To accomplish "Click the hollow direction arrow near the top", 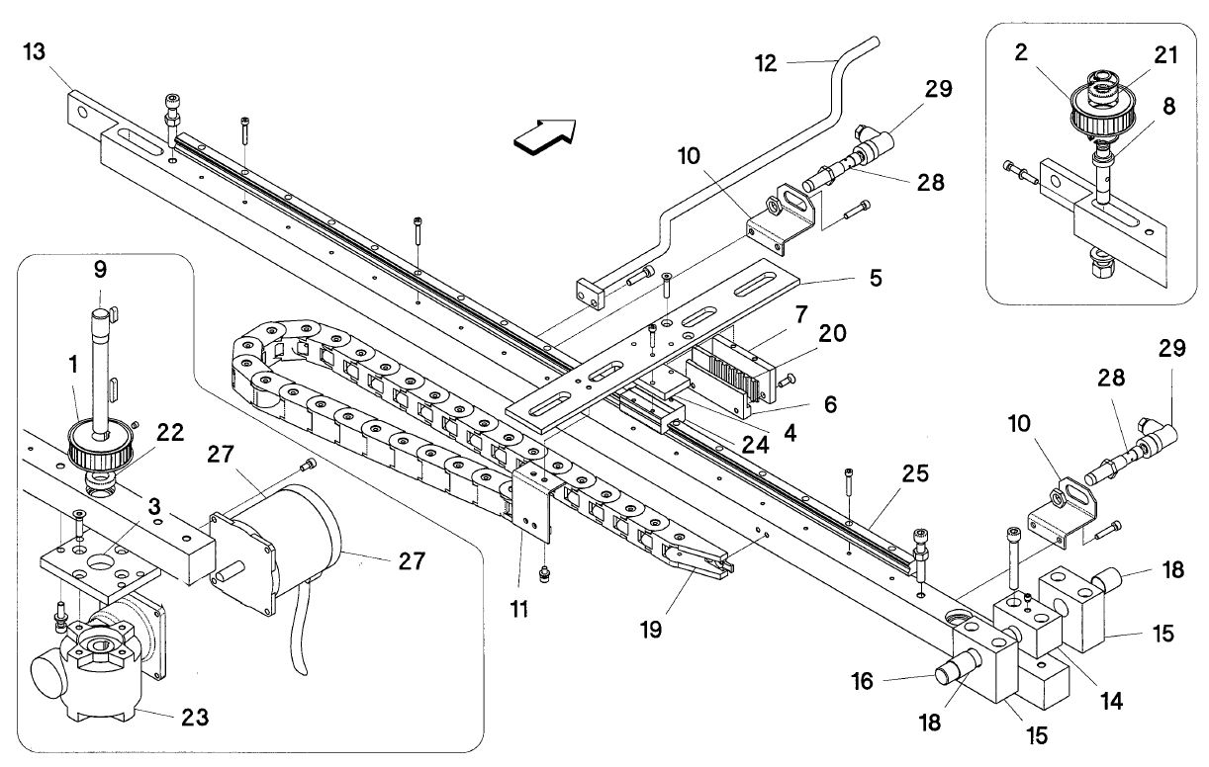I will [543, 135].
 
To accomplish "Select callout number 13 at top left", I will [34, 52].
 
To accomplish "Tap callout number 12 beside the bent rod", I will [766, 62].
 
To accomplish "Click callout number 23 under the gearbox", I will [196, 719].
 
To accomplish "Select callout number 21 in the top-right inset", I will [1166, 55].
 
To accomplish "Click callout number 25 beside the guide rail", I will [916, 474].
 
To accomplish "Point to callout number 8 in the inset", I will [1168, 106].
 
